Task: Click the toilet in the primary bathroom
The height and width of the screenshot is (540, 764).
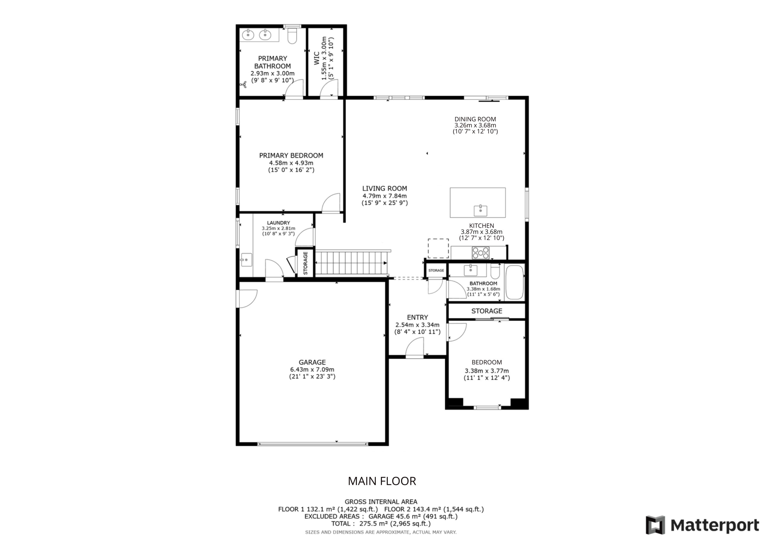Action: (x=292, y=36)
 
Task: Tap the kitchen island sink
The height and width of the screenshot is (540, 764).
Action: (x=480, y=211)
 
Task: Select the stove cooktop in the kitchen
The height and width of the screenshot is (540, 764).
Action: (x=480, y=252)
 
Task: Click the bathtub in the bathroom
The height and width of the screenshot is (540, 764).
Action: (x=515, y=283)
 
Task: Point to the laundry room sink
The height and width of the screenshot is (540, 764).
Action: (x=246, y=260)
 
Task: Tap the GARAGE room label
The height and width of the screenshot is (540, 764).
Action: (x=312, y=362)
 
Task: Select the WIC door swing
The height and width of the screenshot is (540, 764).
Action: (x=329, y=89)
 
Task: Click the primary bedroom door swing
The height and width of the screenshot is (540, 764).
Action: (x=331, y=203)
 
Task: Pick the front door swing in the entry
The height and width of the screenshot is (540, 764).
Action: (x=415, y=347)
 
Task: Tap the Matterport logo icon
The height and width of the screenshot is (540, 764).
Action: (x=656, y=525)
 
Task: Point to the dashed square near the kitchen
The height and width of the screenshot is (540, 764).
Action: (x=438, y=248)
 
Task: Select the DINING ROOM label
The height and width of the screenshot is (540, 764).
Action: (x=475, y=119)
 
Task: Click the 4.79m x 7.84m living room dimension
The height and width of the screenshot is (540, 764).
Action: (x=385, y=196)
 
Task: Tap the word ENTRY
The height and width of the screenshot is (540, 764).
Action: (x=418, y=317)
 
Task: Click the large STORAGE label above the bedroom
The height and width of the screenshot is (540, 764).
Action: (x=487, y=311)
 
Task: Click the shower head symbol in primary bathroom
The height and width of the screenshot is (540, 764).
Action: (x=243, y=85)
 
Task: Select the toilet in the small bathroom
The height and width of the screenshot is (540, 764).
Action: (x=495, y=271)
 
